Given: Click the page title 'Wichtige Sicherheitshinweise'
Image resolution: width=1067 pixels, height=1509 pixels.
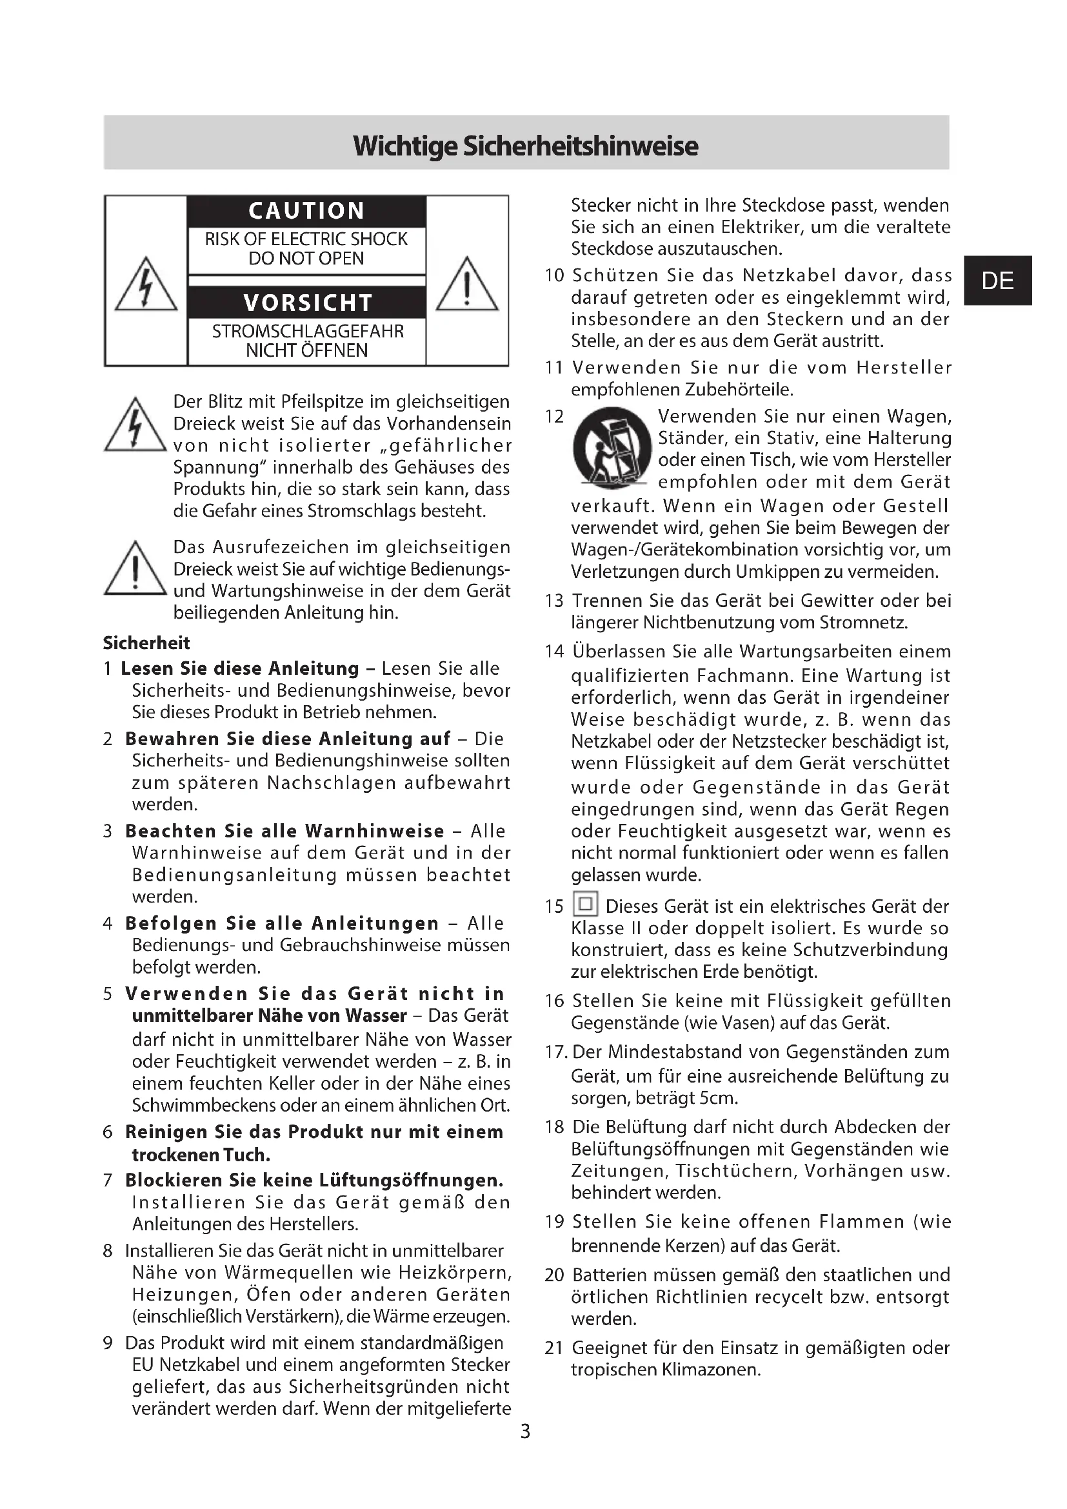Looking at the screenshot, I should click(x=526, y=146).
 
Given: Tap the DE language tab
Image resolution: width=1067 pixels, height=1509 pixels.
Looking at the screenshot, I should click(x=997, y=281).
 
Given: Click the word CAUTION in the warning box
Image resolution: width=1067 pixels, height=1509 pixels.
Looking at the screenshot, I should click(x=306, y=211).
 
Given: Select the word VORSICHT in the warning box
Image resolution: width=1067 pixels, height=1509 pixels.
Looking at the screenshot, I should click(x=308, y=303).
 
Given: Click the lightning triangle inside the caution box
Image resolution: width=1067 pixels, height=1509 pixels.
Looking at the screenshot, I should click(x=146, y=286).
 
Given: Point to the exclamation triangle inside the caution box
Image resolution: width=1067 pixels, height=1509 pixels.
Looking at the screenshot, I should click(x=466, y=286).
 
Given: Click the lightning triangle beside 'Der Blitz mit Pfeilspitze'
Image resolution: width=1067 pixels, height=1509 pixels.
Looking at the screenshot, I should click(x=135, y=426).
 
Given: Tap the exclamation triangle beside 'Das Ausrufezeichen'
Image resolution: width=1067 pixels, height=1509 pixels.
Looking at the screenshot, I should click(x=135, y=570).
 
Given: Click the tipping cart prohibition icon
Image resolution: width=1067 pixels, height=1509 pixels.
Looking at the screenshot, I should click(x=612, y=448).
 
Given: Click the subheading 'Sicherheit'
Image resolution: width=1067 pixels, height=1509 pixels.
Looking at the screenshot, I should click(x=146, y=643).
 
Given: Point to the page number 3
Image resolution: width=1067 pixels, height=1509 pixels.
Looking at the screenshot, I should click(x=525, y=1431).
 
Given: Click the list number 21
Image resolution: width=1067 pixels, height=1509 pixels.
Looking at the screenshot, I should click(x=554, y=1348).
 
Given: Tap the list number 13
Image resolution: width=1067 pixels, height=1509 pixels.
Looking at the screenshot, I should click(x=554, y=601).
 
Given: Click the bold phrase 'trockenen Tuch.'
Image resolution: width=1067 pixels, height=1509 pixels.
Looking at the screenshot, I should click(x=201, y=1155).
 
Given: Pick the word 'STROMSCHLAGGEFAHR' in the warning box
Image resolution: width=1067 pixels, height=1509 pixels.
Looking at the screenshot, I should click(x=308, y=331).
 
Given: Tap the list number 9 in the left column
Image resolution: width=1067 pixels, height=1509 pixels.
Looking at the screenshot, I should click(x=108, y=1343).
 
